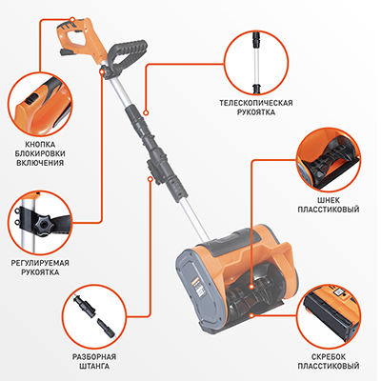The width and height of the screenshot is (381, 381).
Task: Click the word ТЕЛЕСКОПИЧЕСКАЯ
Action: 256,103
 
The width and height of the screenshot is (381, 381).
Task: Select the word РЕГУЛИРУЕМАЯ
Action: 40,263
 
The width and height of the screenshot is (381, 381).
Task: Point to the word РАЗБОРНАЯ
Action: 94,356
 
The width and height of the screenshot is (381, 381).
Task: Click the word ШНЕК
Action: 329,200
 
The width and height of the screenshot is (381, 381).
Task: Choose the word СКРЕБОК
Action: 329,356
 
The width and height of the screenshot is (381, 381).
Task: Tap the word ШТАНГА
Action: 94,366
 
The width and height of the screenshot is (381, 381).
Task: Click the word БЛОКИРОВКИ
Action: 40,154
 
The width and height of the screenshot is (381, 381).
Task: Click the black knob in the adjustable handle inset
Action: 42,223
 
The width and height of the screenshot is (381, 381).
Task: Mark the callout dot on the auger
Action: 251,287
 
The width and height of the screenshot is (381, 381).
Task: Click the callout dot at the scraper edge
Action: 251,315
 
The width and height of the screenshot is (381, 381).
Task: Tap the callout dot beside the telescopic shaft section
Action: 147,112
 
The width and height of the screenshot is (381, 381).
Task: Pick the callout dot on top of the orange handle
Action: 72,19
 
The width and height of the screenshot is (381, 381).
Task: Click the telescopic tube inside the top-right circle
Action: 256,62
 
